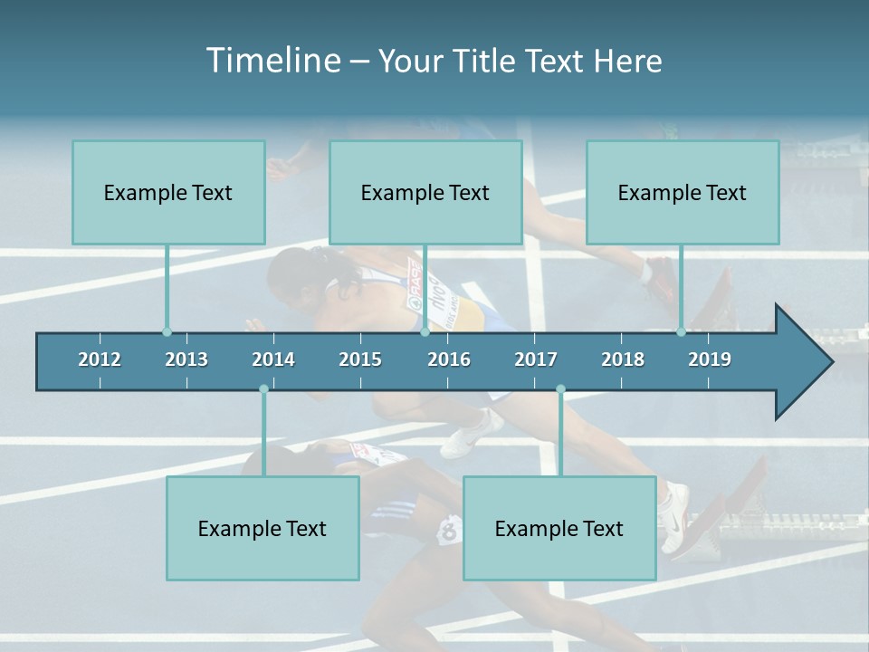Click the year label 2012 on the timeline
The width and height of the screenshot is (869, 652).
tap(100, 360)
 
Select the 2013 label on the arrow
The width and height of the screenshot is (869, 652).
tap(186, 360)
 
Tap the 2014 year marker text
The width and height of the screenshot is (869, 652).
tap(273, 360)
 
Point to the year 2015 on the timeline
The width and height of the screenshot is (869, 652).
tap(360, 360)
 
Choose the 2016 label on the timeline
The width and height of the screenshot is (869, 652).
tap(449, 360)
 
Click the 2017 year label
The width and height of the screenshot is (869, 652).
tap(536, 360)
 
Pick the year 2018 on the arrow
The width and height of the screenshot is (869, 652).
tap(623, 360)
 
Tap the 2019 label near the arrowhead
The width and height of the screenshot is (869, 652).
tap(710, 360)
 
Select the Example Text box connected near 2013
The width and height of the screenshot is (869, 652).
tap(168, 192)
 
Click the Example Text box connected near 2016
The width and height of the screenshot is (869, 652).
tap(425, 192)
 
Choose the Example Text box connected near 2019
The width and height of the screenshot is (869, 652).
tap(683, 192)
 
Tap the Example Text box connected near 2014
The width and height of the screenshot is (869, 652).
tap(263, 528)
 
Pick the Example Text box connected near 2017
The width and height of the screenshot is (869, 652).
tap(559, 528)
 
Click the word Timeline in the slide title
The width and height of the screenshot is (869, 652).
tap(272, 61)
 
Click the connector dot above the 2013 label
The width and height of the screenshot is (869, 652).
tap(167, 332)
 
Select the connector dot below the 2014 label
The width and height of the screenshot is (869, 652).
tap(263, 389)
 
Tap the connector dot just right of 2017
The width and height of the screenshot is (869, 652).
tap(560, 389)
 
